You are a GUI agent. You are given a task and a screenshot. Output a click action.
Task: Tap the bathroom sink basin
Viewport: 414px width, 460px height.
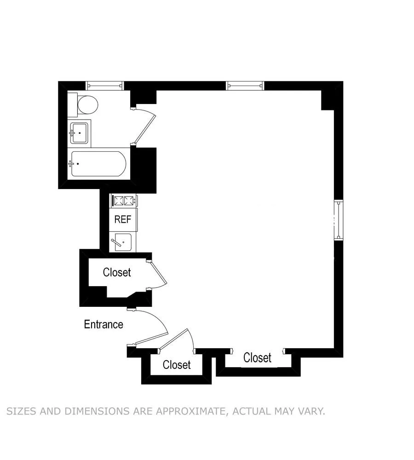[x=79, y=133]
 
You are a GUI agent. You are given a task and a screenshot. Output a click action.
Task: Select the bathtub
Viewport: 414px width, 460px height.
[x=98, y=164]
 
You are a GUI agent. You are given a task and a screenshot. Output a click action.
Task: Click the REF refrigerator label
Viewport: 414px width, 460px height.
[x=123, y=219]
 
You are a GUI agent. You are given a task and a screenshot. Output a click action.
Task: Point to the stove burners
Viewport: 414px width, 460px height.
[x=124, y=201]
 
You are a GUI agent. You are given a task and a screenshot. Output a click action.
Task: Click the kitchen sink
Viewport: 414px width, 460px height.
[x=123, y=242]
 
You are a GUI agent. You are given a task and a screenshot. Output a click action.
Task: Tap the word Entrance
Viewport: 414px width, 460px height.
[x=103, y=324]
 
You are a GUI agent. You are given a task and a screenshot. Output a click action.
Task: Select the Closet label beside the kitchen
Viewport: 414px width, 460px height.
[x=117, y=272]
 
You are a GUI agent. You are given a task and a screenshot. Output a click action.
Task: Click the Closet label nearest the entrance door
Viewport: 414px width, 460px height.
[x=177, y=365]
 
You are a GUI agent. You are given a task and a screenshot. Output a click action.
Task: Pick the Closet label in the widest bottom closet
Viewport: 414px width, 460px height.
[x=257, y=358]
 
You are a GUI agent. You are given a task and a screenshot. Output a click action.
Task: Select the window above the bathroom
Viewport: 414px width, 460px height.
[x=105, y=86]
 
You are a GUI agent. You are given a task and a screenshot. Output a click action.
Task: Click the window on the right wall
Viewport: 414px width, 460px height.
[x=339, y=220]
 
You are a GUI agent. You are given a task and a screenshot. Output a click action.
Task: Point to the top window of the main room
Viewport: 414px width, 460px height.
[x=245, y=86]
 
